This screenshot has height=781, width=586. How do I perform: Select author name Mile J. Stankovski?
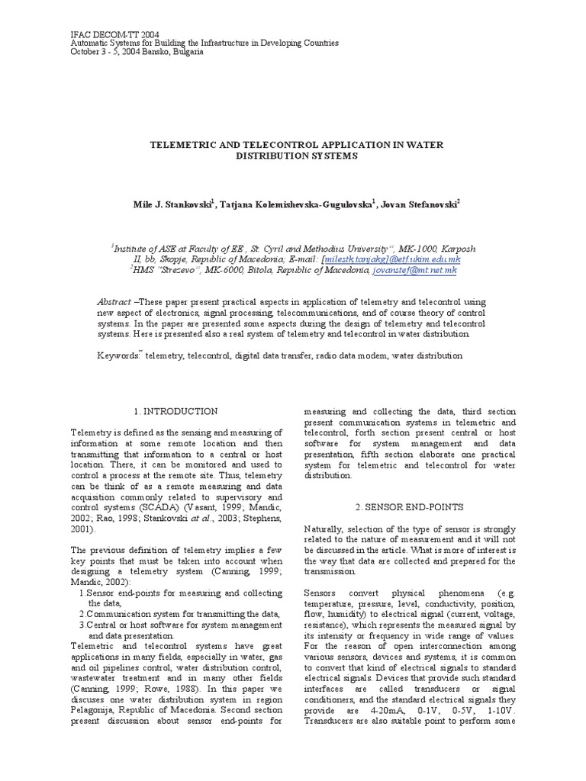click(x=168, y=205)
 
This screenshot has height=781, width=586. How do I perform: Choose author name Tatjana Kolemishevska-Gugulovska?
click(x=297, y=205)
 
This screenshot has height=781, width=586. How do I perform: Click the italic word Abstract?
click(x=114, y=302)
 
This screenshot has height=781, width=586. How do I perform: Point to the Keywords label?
click(x=118, y=355)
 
